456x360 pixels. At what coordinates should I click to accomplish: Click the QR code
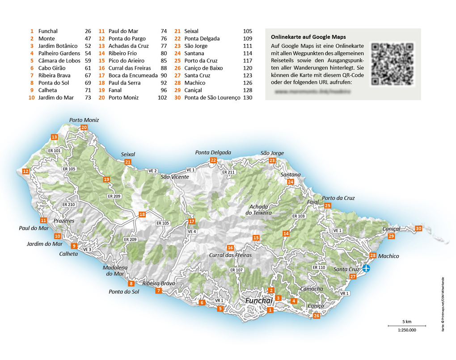click(x=393, y=64)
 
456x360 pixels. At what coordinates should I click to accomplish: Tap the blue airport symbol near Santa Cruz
click(x=366, y=268)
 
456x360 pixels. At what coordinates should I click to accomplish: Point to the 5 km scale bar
click(x=406, y=326)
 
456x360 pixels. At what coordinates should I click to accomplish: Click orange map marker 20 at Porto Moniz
click(x=84, y=127)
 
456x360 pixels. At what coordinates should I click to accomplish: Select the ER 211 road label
click(x=228, y=172)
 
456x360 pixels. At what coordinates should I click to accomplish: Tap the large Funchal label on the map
click(x=259, y=301)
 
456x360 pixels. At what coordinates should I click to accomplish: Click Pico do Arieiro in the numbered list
click(x=127, y=61)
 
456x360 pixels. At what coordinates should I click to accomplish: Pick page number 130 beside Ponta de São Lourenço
click(x=248, y=97)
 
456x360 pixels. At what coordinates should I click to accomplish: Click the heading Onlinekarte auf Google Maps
click(x=308, y=37)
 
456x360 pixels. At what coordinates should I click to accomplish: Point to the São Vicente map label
click(x=175, y=177)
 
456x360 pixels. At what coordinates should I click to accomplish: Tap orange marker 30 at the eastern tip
click(x=418, y=228)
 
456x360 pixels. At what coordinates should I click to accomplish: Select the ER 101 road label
click(x=54, y=151)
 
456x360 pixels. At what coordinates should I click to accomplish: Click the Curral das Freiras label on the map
click(x=230, y=255)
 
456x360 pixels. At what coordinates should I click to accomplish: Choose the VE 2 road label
click(x=153, y=171)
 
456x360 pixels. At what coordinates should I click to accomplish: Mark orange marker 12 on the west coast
click(x=25, y=171)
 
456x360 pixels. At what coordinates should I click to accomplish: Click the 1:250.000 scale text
click(x=406, y=330)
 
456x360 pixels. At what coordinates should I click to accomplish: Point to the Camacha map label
click(x=311, y=289)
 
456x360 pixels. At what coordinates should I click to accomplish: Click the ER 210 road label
click(x=68, y=205)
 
